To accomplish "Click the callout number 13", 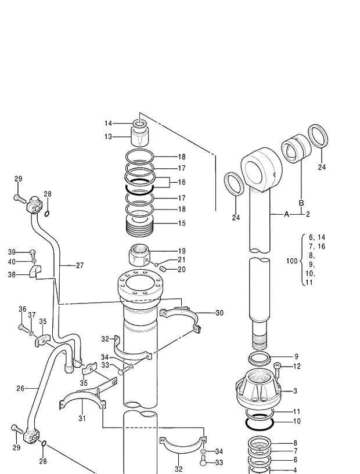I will point(108,137).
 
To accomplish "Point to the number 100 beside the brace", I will point(293,262).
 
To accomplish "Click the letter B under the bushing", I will point(301,203).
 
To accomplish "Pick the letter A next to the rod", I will point(286,214).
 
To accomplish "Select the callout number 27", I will point(80,266).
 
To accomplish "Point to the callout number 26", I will point(20,388).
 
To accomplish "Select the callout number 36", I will point(22,309).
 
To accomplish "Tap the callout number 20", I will point(182,269).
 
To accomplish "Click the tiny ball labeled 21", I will point(157,264).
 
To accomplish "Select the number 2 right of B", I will point(308,214).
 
